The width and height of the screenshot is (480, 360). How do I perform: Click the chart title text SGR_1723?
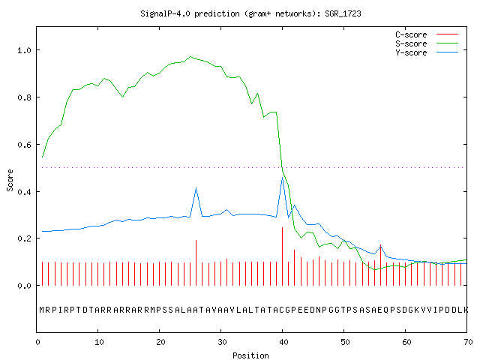tap(343, 13)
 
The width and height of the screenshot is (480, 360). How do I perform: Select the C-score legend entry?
tap(427, 34)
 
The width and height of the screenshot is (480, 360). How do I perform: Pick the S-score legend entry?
tap(427, 43)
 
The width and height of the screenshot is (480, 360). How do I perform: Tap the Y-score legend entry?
tap(427, 52)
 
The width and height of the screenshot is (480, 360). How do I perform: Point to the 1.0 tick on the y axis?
tap(25, 50)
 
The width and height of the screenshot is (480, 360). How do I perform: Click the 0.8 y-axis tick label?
tap(25, 97)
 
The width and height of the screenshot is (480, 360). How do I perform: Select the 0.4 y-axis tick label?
tap(25, 192)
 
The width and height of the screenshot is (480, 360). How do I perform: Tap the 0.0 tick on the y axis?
tap(25, 286)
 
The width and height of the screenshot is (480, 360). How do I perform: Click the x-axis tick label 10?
tap(99, 342)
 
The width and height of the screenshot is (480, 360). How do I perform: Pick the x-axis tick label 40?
tap(283, 342)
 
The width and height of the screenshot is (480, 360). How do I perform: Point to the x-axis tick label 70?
tap(468, 342)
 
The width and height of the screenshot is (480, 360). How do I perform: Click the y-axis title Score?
tap(10, 180)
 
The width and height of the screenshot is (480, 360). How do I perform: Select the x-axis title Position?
tap(250, 355)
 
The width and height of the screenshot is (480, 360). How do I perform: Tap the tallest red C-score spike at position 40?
tap(282, 256)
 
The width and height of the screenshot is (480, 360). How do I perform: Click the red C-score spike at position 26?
tap(196, 263)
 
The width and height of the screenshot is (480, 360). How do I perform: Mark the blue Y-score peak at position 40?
tap(282, 177)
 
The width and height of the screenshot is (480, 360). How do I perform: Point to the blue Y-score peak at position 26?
tap(196, 188)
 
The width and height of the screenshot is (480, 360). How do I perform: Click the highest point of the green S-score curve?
tap(190, 57)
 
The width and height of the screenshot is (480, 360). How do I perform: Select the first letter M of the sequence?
tap(42, 310)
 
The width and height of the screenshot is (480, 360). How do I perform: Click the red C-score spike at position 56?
tap(380, 265)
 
